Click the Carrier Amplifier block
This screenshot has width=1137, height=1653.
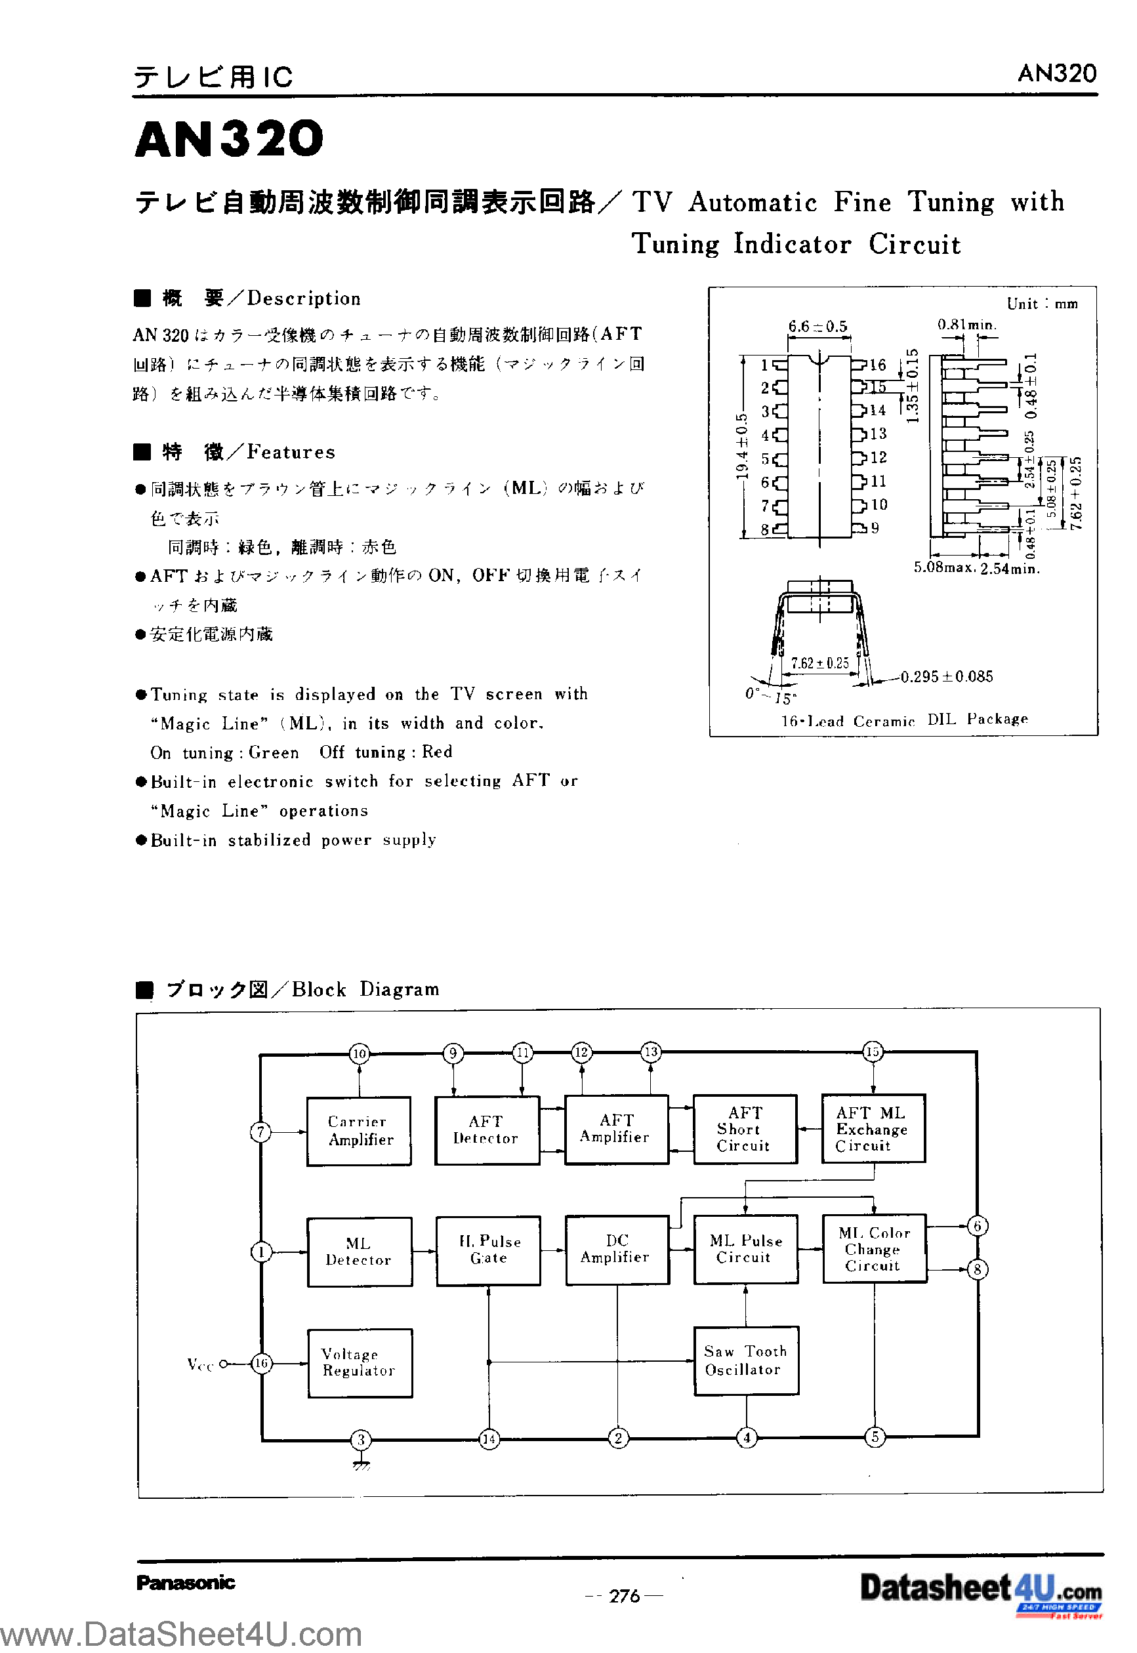(358, 1130)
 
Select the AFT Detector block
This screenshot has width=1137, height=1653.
(487, 1130)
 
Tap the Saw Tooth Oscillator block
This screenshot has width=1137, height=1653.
(746, 1360)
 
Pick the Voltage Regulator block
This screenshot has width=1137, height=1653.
(360, 1362)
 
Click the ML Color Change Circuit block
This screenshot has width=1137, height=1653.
(874, 1248)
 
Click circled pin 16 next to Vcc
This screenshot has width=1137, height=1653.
(262, 1363)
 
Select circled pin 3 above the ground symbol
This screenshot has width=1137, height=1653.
(362, 1439)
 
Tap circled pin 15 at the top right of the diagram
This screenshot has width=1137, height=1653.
(873, 1052)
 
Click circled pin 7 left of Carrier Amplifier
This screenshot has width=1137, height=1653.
(260, 1132)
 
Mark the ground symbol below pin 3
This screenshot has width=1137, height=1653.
(362, 1465)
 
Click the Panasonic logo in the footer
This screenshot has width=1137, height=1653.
(185, 1583)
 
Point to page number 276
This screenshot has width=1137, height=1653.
(624, 1596)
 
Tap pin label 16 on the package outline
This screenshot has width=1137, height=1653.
(877, 365)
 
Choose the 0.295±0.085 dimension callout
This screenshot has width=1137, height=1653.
(946, 676)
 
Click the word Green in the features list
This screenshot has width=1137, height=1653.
(274, 753)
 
